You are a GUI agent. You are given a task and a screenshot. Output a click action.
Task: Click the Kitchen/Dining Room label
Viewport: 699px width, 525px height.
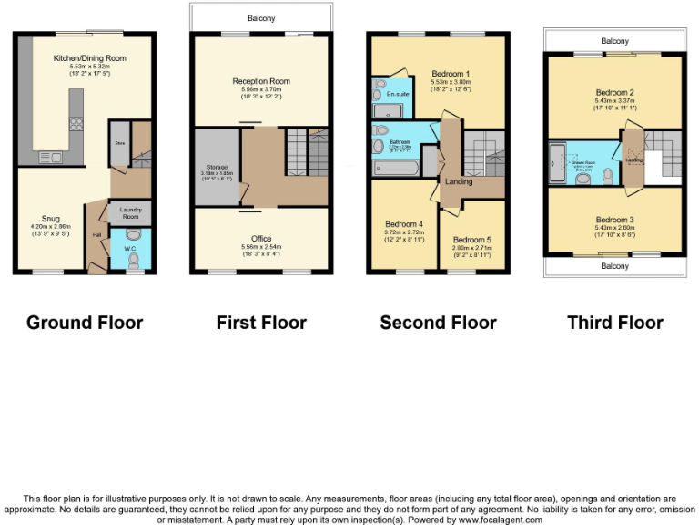click(x=90, y=57)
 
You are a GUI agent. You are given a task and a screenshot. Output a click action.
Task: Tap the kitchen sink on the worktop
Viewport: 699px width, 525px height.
click(x=51, y=158)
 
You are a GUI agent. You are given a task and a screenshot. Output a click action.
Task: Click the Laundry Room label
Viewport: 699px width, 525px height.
click(x=130, y=213)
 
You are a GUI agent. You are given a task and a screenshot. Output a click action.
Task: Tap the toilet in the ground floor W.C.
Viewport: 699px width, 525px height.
click(x=135, y=259)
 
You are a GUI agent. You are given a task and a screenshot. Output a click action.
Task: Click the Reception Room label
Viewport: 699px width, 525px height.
click(x=261, y=81)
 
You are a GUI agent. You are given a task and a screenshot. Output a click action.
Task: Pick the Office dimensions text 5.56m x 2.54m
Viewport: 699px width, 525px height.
click(x=261, y=246)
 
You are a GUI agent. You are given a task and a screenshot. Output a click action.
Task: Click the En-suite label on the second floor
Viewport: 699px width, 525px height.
click(x=397, y=94)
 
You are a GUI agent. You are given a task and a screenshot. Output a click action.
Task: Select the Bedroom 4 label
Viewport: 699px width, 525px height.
click(x=403, y=224)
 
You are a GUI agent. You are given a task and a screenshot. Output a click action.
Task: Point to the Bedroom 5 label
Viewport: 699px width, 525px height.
click(x=471, y=239)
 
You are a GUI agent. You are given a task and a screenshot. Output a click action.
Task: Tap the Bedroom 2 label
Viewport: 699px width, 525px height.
click(x=614, y=92)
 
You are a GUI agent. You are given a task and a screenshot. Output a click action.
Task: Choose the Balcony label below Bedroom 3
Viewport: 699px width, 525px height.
click(x=614, y=266)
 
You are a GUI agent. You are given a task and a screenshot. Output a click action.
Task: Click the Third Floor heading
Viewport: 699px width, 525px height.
click(x=614, y=322)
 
